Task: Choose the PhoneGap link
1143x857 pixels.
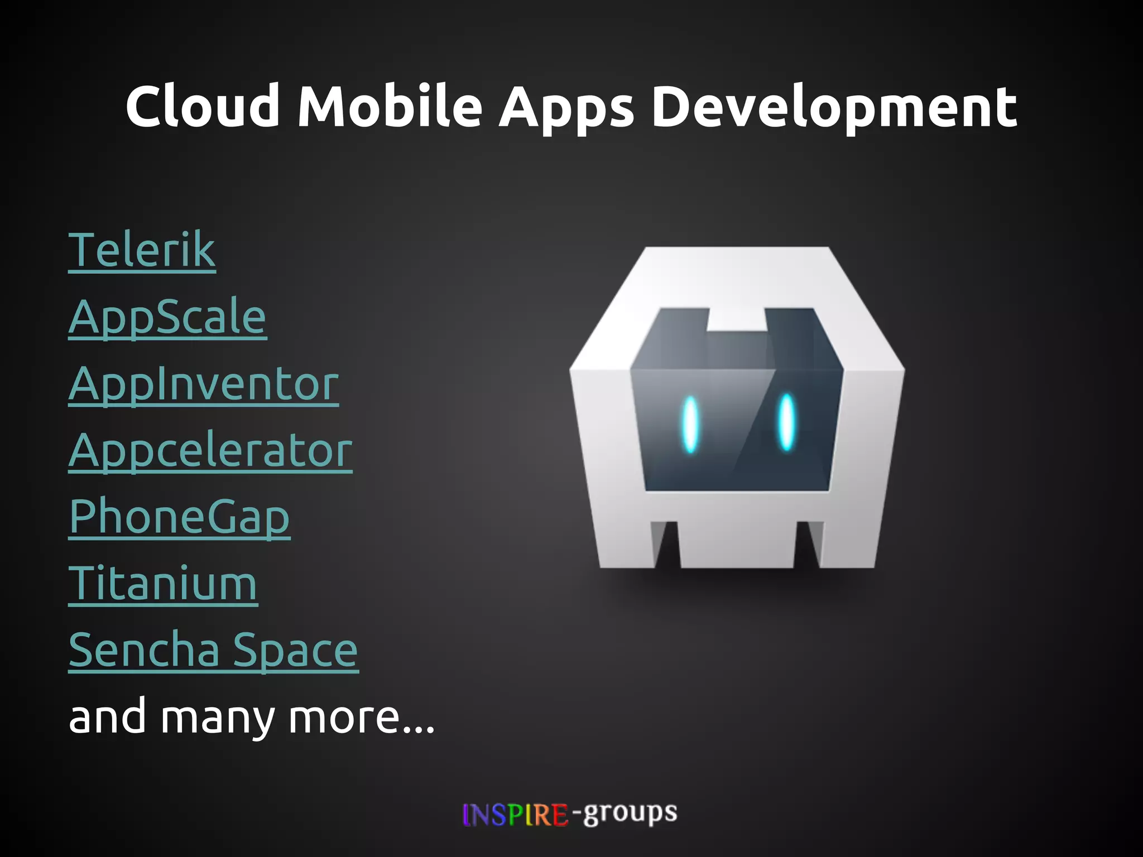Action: tap(179, 517)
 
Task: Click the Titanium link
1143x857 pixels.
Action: tap(162, 584)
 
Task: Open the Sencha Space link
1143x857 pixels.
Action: tap(213, 651)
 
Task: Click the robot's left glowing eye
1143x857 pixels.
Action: tap(690, 424)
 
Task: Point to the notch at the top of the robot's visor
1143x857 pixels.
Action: tap(736, 319)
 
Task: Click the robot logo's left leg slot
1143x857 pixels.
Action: tap(666, 544)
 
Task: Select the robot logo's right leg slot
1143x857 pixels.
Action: tap(808, 544)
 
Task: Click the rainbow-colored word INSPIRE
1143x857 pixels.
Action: tap(515, 815)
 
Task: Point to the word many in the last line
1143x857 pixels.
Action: tap(218, 718)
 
